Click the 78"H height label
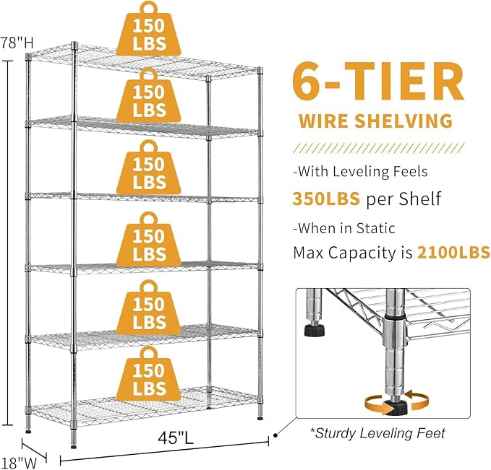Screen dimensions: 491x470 (17, 43)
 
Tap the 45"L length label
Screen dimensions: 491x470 (176, 438)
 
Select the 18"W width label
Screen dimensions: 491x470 (19, 463)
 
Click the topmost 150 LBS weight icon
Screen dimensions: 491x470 (149, 29)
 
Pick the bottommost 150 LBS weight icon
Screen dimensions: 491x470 (149, 373)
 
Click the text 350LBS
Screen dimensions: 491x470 (326, 199)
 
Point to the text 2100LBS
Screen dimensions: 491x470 (453, 252)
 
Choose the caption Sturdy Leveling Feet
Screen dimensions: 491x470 (377, 433)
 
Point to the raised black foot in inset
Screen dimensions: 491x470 (315, 330)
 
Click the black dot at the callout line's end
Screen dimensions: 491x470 (276, 435)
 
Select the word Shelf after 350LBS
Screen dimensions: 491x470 (419, 199)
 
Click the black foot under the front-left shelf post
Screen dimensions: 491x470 (74, 447)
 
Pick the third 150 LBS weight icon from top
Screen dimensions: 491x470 (149, 167)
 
